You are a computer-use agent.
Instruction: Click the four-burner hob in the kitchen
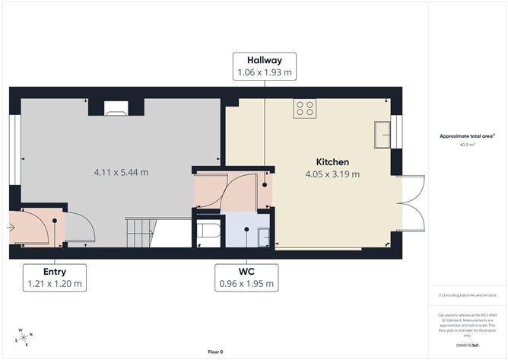coord(305,109)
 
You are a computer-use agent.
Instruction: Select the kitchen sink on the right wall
coord(382,135)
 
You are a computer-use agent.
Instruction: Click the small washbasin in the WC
coord(263,237)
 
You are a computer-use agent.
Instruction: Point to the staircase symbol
coord(141,228)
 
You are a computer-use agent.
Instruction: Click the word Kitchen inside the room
coord(332,162)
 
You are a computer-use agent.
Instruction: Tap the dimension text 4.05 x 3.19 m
coord(332,174)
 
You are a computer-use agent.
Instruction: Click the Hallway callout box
coord(264,66)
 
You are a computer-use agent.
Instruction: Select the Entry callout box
coord(54,277)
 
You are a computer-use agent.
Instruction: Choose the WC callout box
coord(246,277)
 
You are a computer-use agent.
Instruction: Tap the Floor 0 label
coord(216,352)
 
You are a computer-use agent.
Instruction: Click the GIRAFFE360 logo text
coord(467,345)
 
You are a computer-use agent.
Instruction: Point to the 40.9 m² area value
coord(467,144)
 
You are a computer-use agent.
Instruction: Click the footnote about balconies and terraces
coord(467,295)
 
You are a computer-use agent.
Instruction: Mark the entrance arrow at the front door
coord(11,227)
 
